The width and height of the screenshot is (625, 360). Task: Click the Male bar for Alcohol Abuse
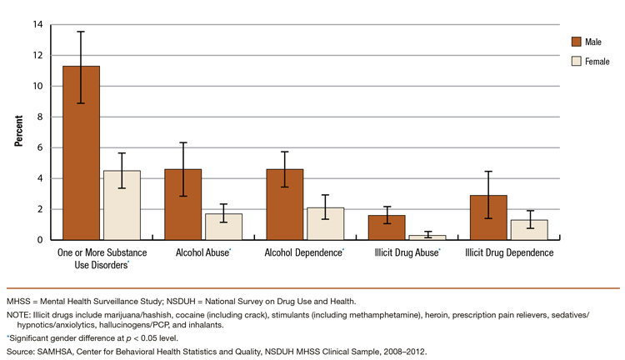pyautogui.click(x=182, y=204)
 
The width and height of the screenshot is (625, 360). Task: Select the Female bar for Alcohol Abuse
pyautogui.click(x=223, y=227)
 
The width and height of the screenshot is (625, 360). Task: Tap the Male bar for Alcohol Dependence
pyautogui.click(x=284, y=204)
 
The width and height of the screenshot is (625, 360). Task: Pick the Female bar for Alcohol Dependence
pyautogui.click(x=325, y=223)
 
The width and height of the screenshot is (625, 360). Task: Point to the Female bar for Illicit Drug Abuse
pyautogui.click(x=427, y=237)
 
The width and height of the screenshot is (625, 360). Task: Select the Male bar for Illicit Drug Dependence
pyautogui.click(x=488, y=217)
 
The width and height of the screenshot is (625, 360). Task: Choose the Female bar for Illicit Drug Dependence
pyautogui.click(x=529, y=230)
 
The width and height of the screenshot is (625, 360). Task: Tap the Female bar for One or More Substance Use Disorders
pyautogui.click(x=122, y=205)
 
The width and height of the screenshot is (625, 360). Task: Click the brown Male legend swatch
pyautogui.click(x=576, y=42)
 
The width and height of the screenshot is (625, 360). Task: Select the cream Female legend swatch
pyautogui.click(x=576, y=61)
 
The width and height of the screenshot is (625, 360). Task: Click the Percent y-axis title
pyautogui.click(x=18, y=132)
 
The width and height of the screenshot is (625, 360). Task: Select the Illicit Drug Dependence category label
pyautogui.click(x=508, y=252)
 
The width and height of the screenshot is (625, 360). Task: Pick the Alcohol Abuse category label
pyautogui.click(x=202, y=252)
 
